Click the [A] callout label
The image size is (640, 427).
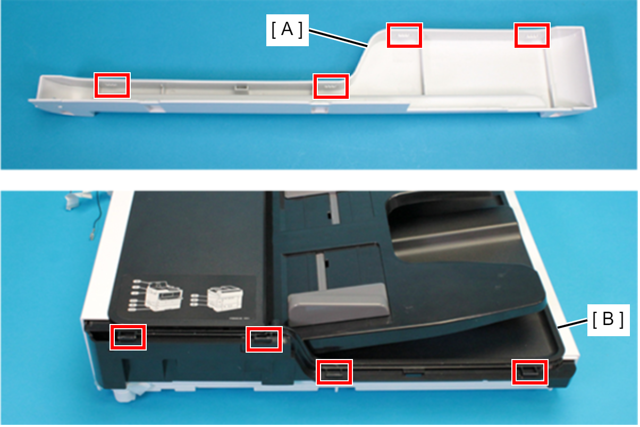click(x=287, y=30)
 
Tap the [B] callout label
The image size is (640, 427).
click(x=608, y=320)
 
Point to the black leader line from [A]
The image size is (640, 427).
click(x=338, y=38)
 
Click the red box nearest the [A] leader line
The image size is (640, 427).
click(x=405, y=35)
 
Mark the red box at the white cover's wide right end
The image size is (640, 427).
click(x=532, y=35)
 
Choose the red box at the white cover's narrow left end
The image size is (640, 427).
click(x=112, y=85)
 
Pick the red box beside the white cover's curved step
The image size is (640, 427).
click(x=331, y=86)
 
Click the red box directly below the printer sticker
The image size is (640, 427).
click(x=128, y=337)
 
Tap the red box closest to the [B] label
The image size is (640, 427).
click(x=530, y=372)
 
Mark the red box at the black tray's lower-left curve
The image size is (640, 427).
click(x=334, y=372)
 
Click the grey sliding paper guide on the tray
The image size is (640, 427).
click(x=339, y=303)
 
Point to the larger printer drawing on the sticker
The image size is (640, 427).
click(x=163, y=295)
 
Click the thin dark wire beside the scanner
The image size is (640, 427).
click(x=97, y=216)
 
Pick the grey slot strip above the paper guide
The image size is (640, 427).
click(x=321, y=269)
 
